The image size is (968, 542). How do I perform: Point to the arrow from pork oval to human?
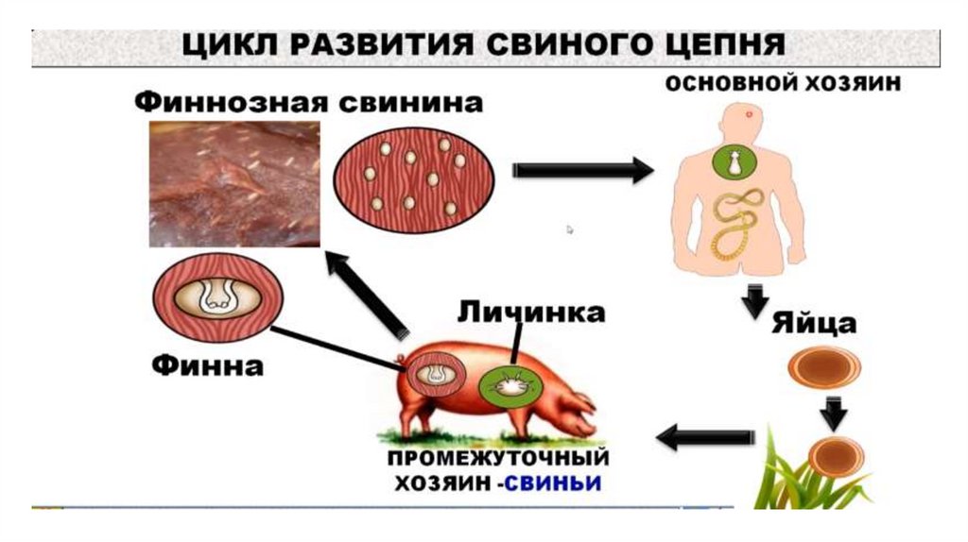(x=582, y=170)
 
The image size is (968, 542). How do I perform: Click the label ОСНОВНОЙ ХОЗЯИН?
(x=783, y=83)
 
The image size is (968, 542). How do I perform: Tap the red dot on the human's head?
(x=749, y=114)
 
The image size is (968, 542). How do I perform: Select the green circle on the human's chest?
(x=733, y=163)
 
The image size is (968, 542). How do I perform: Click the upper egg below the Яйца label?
(x=823, y=366)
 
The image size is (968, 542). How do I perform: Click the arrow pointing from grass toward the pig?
(x=705, y=436)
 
